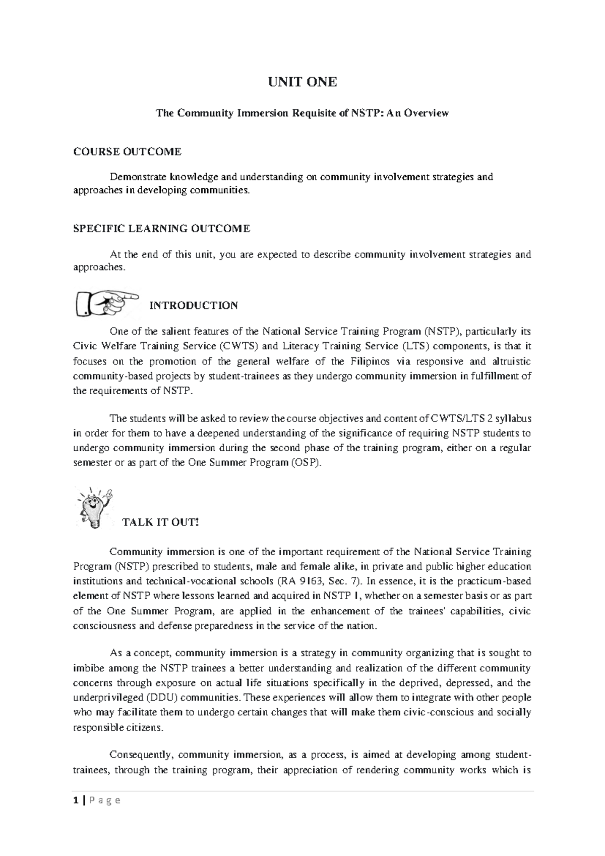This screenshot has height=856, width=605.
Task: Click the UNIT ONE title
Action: click(x=302, y=82)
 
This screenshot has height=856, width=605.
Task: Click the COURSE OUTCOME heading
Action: click(x=127, y=151)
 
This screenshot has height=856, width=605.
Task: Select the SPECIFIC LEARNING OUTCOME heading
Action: click(x=161, y=229)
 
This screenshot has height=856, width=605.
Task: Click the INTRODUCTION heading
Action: click(x=194, y=306)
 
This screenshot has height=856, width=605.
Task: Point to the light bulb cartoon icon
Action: click(x=94, y=507)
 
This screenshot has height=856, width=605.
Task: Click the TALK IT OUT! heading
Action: click(x=161, y=522)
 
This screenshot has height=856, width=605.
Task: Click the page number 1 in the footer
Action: click(x=76, y=800)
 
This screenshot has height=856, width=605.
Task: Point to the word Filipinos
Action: click(x=366, y=361)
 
